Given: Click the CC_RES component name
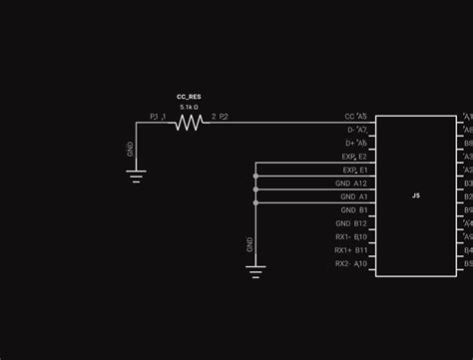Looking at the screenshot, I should [x=189, y=97].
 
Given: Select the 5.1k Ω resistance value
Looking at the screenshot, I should [x=189, y=107].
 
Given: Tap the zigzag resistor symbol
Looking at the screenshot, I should [x=189, y=123].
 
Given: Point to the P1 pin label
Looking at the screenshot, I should [x=155, y=117].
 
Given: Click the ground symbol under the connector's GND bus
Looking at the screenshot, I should [x=255, y=266].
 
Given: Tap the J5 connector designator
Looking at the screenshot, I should [x=416, y=196].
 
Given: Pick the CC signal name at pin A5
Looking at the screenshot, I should [x=349, y=117].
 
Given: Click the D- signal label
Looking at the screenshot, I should [x=350, y=130].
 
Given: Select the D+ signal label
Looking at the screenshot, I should [x=350, y=144].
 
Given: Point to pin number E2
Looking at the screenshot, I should [x=362, y=157].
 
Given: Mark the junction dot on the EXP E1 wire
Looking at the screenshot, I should [x=255, y=176].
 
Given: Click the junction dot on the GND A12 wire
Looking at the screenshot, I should [x=255, y=188].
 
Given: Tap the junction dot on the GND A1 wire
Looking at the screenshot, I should [x=255, y=202].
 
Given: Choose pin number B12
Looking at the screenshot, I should [x=360, y=223].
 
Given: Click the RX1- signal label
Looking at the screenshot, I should [x=343, y=237].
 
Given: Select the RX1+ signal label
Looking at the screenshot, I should [x=343, y=250].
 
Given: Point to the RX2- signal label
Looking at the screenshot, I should [x=343, y=264].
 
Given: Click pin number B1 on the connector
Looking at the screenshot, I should [x=363, y=210].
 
